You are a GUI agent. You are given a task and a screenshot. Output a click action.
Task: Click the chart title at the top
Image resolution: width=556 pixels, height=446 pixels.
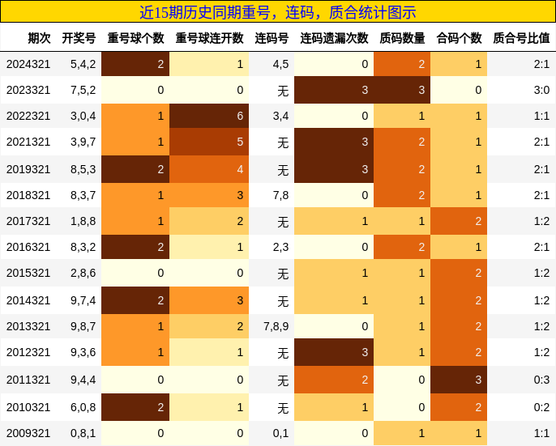click(278, 12)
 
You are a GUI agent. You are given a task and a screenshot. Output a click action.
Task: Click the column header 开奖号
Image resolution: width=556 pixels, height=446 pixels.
click(79, 38)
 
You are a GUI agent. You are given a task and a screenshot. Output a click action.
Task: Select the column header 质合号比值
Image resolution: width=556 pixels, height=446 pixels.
click(521, 38)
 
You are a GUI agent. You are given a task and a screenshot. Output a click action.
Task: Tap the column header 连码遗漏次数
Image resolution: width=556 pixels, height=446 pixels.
click(334, 38)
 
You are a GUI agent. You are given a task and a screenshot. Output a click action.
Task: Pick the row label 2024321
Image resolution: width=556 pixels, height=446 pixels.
click(28, 64)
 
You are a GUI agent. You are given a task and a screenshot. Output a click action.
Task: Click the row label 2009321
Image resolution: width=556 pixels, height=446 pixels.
click(28, 433)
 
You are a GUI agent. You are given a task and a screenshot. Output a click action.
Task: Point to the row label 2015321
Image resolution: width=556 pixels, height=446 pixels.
click(28, 274)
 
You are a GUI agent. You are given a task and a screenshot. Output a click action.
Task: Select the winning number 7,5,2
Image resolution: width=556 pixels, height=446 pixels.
click(83, 90)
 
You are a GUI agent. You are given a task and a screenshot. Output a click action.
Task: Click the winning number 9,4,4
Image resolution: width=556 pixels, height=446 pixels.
click(83, 380)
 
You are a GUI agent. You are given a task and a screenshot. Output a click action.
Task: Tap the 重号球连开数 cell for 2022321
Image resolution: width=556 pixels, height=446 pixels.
click(209, 116)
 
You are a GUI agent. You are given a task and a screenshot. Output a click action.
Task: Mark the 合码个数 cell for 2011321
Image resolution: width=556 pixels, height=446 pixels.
click(459, 380)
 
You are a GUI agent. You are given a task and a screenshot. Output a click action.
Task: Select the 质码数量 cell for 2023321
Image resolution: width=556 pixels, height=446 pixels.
click(402, 90)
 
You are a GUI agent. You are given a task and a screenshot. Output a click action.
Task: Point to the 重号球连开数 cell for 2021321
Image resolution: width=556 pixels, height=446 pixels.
click(209, 142)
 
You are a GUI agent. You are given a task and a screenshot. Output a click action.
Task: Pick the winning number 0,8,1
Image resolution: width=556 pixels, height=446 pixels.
click(83, 433)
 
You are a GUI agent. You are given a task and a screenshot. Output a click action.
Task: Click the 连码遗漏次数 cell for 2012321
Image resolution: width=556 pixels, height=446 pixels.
click(334, 352)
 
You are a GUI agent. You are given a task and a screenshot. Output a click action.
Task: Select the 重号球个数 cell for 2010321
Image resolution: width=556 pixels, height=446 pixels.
click(135, 407)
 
